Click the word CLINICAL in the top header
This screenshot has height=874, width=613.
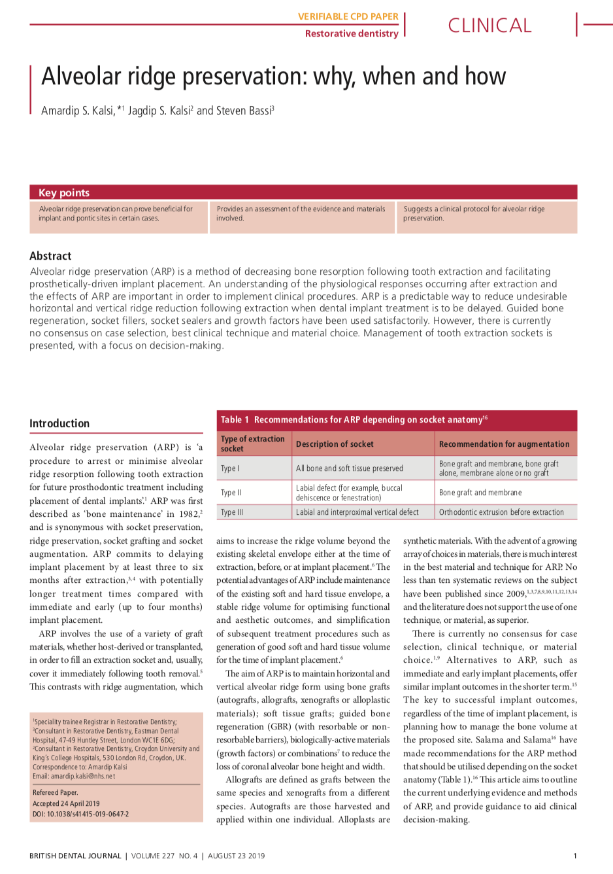[489, 26]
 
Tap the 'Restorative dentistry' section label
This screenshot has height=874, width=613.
[352, 33]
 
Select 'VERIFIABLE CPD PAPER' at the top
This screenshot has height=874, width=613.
[348, 16]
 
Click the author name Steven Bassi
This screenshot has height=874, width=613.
[243, 111]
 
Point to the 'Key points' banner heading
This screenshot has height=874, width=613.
[64, 192]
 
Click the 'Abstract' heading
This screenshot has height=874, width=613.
[50, 256]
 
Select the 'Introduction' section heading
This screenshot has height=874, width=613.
[59, 423]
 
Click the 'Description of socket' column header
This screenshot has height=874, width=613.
[335, 444]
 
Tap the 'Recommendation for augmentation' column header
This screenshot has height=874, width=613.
[504, 444]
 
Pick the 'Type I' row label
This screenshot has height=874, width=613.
[230, 468]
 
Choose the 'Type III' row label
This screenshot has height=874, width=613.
[232, 512]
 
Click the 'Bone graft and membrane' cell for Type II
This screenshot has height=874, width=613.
[480, 493]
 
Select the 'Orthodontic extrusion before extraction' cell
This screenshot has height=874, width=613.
[501, 512]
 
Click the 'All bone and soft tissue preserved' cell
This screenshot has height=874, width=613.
[350, 468]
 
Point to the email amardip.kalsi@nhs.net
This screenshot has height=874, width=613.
[83, 776]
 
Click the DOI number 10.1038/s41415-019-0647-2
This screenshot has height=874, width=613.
[88, 814]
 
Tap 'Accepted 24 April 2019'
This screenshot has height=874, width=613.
[66, 803]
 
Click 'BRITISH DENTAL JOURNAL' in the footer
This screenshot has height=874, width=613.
[75, 856]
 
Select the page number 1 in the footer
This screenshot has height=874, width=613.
[575, 856]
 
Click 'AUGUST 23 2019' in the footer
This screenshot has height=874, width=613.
[237, 856]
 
